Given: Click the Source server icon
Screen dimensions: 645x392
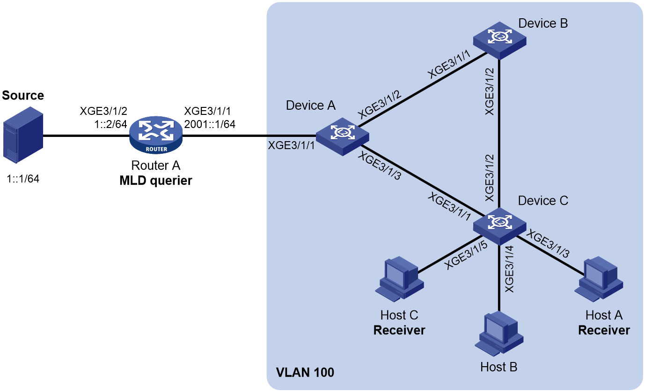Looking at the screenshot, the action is click(23, 135).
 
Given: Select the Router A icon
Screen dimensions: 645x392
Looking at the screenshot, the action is click(156, 135).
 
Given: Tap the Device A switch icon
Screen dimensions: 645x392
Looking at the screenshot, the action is click(342, 136).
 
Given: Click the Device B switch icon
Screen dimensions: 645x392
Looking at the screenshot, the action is click(499, 40).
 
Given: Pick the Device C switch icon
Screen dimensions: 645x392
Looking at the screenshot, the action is click(499, 226).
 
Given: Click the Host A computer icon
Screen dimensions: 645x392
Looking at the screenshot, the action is click(599, 279).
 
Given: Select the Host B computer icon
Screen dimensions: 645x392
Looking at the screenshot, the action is click(499, 333).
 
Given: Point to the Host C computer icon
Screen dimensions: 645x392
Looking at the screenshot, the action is click(399, 279).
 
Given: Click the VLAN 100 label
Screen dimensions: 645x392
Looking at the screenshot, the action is click(305, 372).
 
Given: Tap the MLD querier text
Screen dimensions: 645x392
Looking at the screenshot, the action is click(156, 181).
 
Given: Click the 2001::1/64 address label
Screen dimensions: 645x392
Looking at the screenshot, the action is click(210, 124).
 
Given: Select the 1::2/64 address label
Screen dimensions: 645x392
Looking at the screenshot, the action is click(110, 124).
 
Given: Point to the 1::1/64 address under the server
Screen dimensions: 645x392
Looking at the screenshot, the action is click(23, 179).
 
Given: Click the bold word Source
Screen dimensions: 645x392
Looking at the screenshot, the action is click(23, 96).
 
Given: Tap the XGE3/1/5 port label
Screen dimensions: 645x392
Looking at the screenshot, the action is click(466, 256).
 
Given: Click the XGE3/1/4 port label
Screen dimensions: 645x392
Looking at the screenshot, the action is click(509, 269).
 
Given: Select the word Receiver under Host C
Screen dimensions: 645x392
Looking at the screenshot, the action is click(399, 330).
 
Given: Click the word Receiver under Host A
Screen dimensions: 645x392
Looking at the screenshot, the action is click(604, 330).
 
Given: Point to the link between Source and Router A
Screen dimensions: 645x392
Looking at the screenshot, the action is click(86, 136).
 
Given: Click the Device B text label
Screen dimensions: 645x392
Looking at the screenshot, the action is click(543, 23).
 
